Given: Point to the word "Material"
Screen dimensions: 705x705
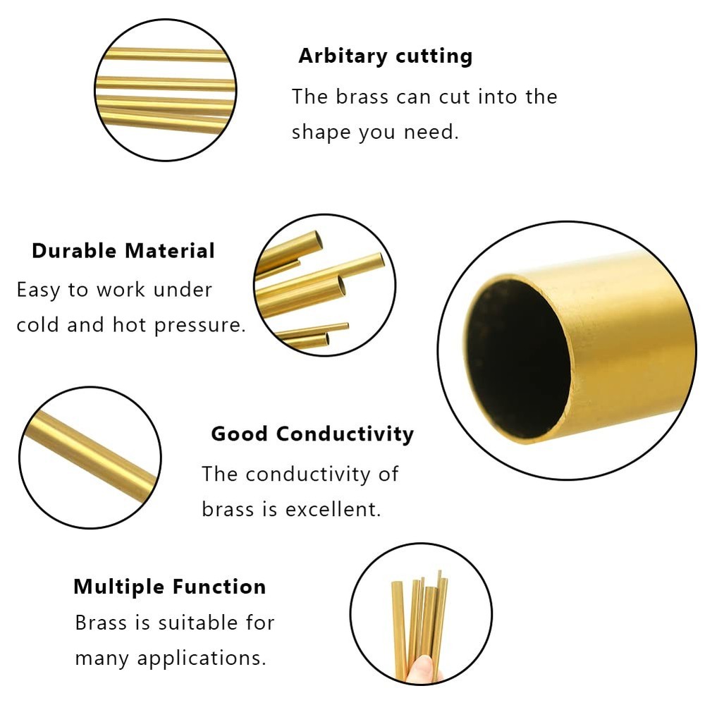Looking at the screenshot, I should click(170, 251).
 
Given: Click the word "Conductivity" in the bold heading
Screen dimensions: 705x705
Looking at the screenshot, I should click(345, 434).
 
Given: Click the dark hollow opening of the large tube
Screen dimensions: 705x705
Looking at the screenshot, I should click(518, 352).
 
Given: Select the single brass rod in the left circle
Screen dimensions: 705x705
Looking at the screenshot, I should click(90, 457).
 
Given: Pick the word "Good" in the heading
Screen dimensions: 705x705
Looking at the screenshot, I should click(240, 434).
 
